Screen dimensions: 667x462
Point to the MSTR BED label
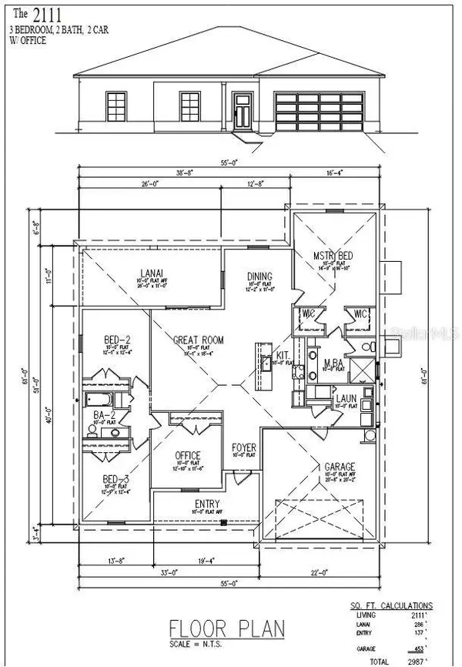[332, 255]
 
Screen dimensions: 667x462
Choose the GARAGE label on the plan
[339, 467]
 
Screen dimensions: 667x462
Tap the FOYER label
[244, 447]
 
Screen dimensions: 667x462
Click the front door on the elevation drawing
[242, 113]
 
